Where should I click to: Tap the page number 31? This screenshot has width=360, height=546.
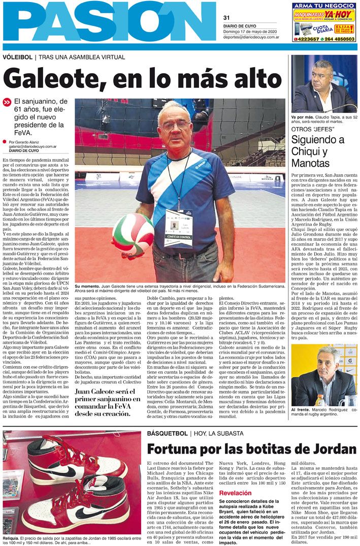(226, 17)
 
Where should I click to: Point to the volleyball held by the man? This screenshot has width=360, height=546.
(133, 234)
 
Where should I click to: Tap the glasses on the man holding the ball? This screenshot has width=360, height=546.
(173, 124)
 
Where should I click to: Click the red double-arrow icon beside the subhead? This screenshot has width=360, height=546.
(7, 102)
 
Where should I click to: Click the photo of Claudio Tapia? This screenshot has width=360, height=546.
(323, 83)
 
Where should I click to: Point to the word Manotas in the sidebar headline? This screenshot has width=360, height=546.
(311, 163)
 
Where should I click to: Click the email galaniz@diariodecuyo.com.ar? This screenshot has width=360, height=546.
(31, 146)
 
